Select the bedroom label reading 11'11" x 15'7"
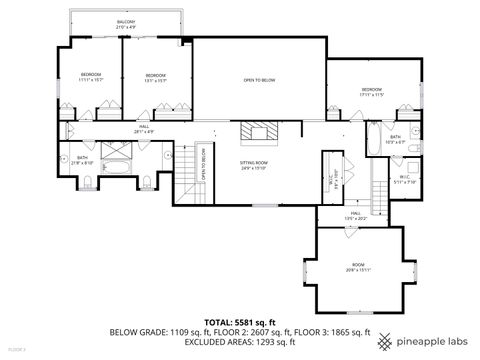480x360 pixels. pyautogui.click(x=92, y=78)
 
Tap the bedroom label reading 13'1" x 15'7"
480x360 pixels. pyautogui.click(x=155, y=78)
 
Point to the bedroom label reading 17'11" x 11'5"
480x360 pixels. pyautogui.click(x=371, y=92)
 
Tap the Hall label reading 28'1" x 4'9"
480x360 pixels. pyautogui.click(x=144, y=129)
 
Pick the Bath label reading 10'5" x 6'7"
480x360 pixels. pyautogui.click(x=395, y=139)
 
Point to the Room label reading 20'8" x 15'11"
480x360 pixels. pyautogui.click(x=358, y=267)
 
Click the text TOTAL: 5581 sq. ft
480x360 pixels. pyautogui.click(x=239, y=322)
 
